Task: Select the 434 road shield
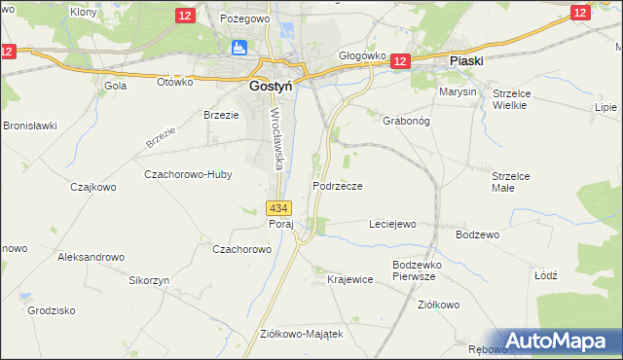point(278,208)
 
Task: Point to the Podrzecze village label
point(338,185)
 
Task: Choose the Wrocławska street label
point(276,138)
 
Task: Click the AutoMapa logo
point(559,341)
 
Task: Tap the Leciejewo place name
point(392,224)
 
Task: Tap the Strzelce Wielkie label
point(510,98)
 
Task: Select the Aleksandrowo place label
point(92,257)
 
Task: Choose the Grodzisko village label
point(53,310)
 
